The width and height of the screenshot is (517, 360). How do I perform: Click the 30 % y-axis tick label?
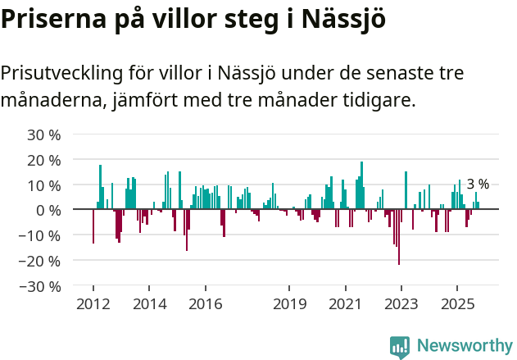coord(44,134)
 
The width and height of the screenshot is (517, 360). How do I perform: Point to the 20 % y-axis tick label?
coord(44,159)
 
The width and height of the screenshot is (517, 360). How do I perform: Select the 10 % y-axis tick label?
coord(44,185)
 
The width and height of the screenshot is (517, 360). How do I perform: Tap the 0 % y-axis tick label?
coord(48,210)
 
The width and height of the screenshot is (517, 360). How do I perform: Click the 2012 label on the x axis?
coord(93,304)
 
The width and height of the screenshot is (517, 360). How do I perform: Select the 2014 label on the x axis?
coord(148,304)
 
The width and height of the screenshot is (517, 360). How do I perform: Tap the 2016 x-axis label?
coord(205,304)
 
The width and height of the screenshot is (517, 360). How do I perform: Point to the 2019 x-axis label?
coord(289,304)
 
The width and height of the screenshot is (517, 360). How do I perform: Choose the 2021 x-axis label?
coord(345,304)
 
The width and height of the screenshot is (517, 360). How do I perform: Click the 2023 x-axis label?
coord(401,304)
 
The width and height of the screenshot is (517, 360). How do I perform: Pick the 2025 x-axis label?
coord(457,304)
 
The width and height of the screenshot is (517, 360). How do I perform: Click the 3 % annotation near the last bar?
coord(478,185)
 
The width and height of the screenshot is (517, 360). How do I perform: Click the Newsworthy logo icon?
coord(400,346)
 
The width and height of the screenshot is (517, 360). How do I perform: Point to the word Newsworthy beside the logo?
coord(465,346)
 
